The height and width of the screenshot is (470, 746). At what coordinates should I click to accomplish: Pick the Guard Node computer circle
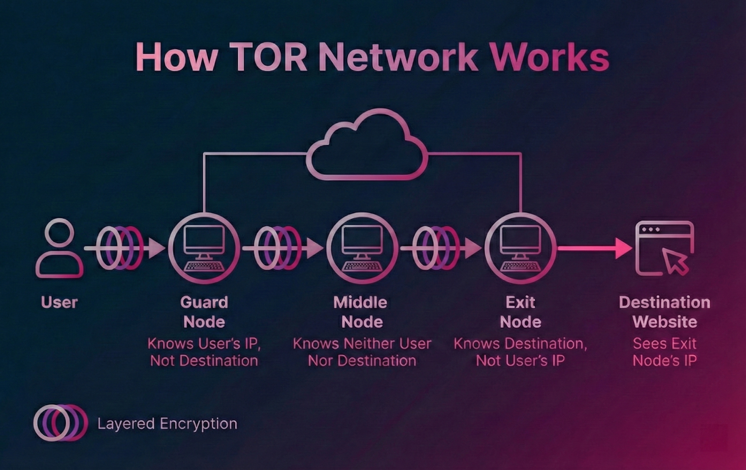click(x=204, y=248)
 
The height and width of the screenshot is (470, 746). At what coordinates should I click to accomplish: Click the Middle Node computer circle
click(x=362, y=248)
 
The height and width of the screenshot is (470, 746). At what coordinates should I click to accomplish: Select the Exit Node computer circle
click(x=520, y=248)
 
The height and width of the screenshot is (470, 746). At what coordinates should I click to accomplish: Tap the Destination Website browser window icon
click(x=664, y=248)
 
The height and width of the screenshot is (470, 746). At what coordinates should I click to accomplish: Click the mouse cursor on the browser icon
click(x=675, y=261)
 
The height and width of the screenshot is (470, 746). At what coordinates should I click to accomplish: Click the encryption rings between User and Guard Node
click(x=120, y=248)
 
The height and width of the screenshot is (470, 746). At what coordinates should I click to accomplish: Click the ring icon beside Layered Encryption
click(x=60, y=423)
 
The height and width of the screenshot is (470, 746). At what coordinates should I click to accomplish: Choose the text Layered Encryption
click(x=167, y=424)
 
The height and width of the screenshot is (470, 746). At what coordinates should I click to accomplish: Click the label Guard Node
click(x=204, y=312)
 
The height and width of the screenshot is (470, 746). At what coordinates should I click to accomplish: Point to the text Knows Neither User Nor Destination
click(x=362, y=352)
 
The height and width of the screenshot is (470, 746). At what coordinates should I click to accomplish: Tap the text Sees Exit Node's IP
click(x=664, y=352)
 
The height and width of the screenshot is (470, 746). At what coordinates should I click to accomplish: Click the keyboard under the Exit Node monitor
click(x=520, y=267)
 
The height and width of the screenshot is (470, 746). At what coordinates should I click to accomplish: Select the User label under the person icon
click(x=59, y=302)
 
